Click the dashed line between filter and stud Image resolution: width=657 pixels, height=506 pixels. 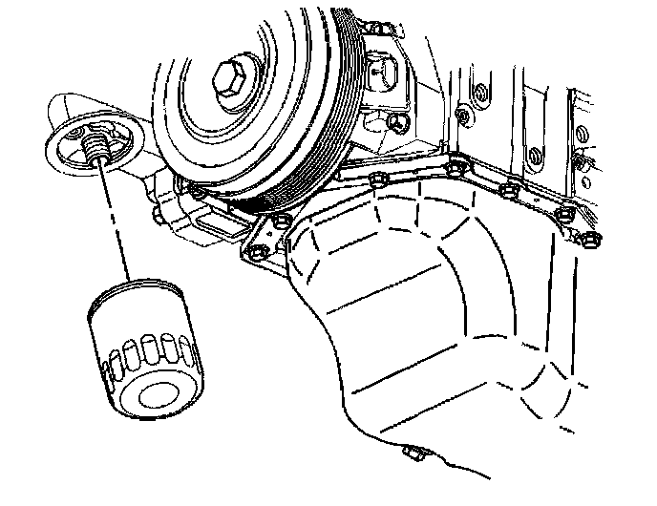coord(113,220)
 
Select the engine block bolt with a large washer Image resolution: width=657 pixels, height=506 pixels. coord(461,116)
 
